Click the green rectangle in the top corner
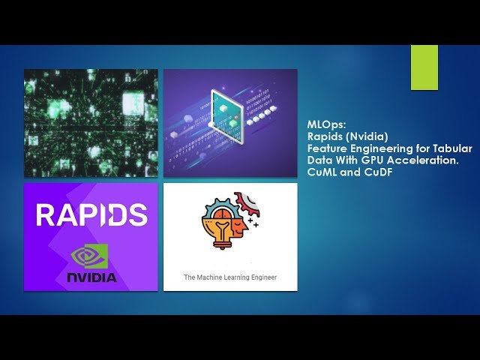coord(424,67)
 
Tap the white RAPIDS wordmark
coord(91,215)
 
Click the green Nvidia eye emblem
coord(91,256)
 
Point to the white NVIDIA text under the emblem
coord(91,277)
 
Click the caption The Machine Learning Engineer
coord(230,277)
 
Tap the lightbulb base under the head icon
coord(220,248)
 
